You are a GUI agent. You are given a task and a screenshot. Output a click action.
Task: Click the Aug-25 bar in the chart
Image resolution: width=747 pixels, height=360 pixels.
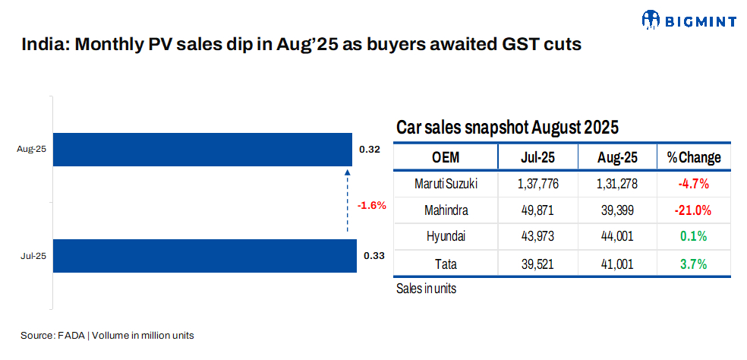point(201,150)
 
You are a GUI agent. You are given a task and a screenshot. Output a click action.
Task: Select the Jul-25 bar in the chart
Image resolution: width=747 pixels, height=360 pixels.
point(203,256)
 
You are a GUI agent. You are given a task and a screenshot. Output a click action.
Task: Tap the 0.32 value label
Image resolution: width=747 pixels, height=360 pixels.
point(370,150)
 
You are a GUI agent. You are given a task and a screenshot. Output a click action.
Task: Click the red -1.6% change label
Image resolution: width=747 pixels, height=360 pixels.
point(372,205)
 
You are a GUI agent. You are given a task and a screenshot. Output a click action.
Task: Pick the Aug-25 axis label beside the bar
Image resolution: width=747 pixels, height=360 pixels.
point(32,150)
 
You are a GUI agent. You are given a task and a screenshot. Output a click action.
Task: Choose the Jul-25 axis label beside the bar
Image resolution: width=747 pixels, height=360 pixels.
point(33,257)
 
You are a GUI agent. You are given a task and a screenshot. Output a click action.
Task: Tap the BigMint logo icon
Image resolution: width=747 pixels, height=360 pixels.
point(651,20)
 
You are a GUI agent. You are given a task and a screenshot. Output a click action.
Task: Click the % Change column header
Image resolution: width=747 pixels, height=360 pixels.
point(694,157)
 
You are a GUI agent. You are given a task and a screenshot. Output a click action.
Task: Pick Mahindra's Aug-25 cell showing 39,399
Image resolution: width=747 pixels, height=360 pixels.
point(616,210)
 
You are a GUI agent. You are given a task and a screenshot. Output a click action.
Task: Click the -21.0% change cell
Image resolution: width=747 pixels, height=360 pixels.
point(693,210)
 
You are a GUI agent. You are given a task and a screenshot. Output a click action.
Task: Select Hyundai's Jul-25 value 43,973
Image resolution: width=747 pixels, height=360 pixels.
point(537,236)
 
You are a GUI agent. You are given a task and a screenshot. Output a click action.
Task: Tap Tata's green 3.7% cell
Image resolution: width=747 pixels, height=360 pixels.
point(693,264)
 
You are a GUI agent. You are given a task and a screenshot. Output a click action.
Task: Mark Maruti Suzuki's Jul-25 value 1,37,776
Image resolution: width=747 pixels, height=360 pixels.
point(537,184)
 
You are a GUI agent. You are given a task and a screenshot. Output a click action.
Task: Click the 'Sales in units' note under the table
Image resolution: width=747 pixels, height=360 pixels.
point(426,289)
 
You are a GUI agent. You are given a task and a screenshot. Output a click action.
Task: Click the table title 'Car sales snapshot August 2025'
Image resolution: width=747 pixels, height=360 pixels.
point(508,128)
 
